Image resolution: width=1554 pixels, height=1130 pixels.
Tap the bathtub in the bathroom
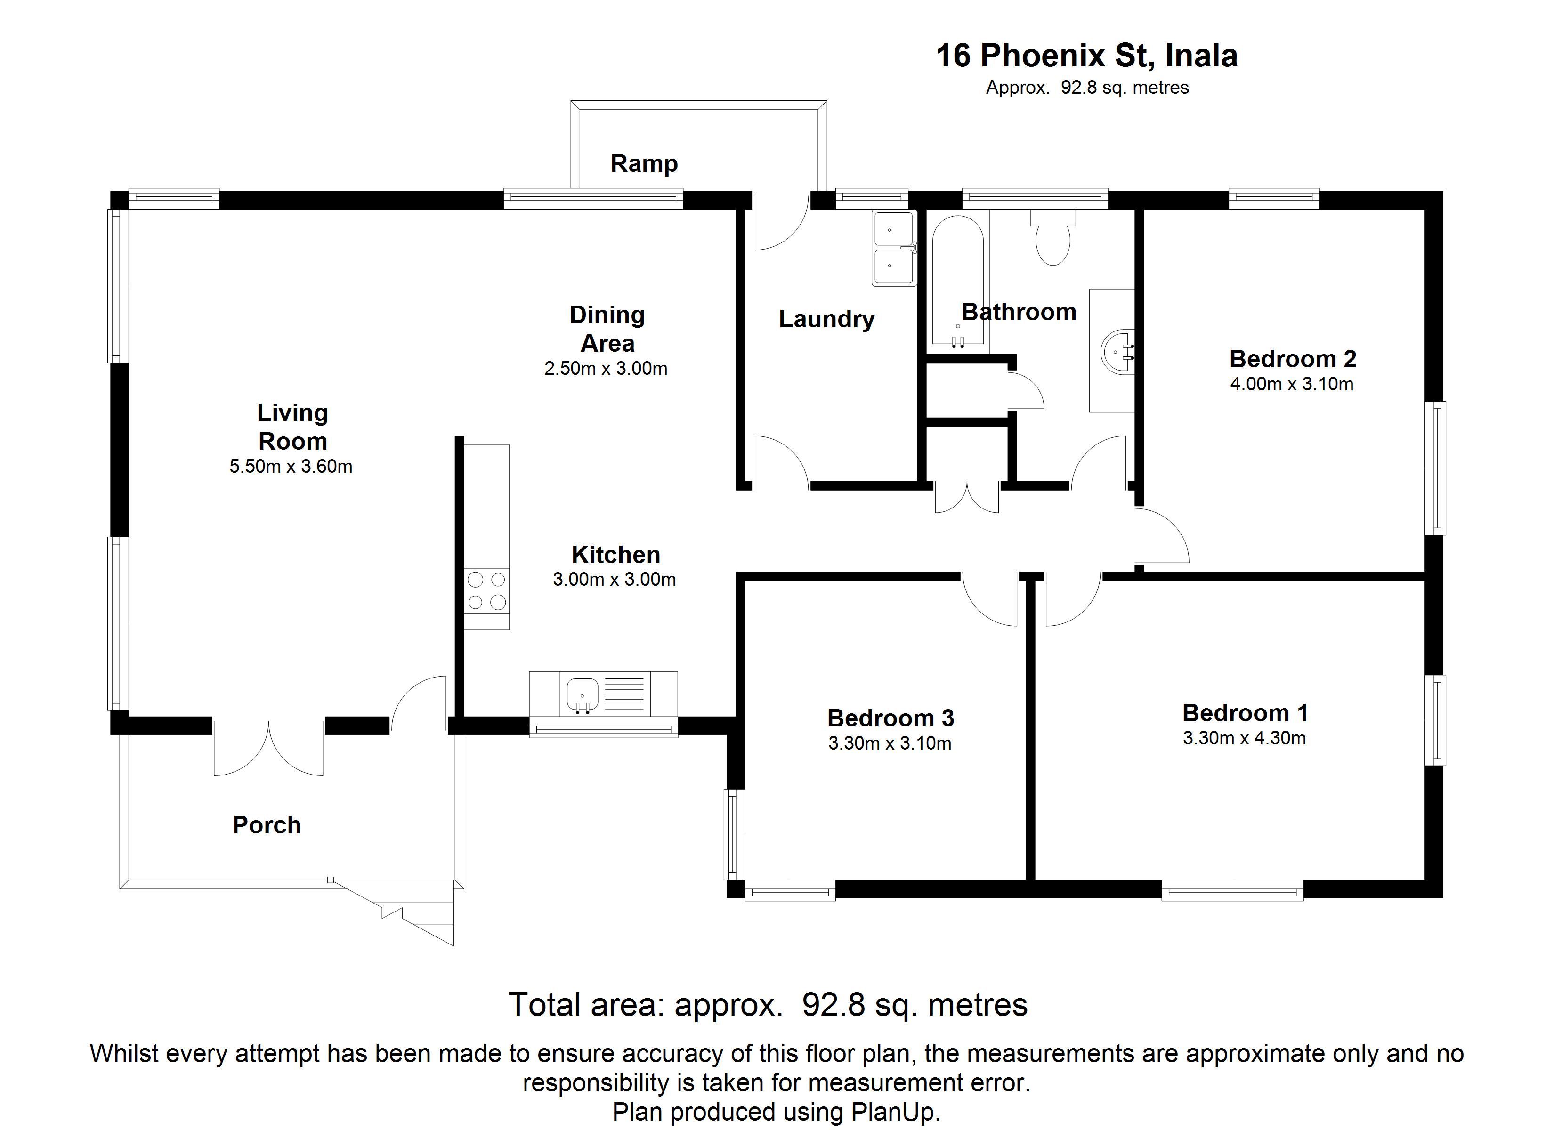pyautogui.click(x=958, y=281)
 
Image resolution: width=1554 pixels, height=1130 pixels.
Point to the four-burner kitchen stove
pyautogui.click(x=486, y=591)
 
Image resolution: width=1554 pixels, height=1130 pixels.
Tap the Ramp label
pyautogui.click(x=644, y=164)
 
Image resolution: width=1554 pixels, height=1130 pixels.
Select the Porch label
pyautogui.click(x=267, y=825)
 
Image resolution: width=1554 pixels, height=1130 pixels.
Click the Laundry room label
pyautogui.click(x=826, y=319)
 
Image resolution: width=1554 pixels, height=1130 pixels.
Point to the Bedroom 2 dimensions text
pyautogui.click(x=1292, y=384)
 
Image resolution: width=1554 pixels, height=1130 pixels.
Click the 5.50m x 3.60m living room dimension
pyautogui.click(x=291, y=467)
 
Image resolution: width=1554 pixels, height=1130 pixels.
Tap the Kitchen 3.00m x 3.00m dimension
pyautogui.click(x=614, y=580)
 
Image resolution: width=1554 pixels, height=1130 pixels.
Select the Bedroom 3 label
pyautogui.click(x=891, y=718)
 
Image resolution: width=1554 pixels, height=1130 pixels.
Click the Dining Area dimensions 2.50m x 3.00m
pyautogui.click(x=606, y=369)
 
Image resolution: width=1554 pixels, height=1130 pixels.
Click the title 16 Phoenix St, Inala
pyautogui.click(x=1087, y=56)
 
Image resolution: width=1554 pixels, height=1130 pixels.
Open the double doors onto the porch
pyautogui.click(x=268, y=747)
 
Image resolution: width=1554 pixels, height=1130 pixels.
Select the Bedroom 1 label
pyautogui.click(x=1245, y=713)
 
